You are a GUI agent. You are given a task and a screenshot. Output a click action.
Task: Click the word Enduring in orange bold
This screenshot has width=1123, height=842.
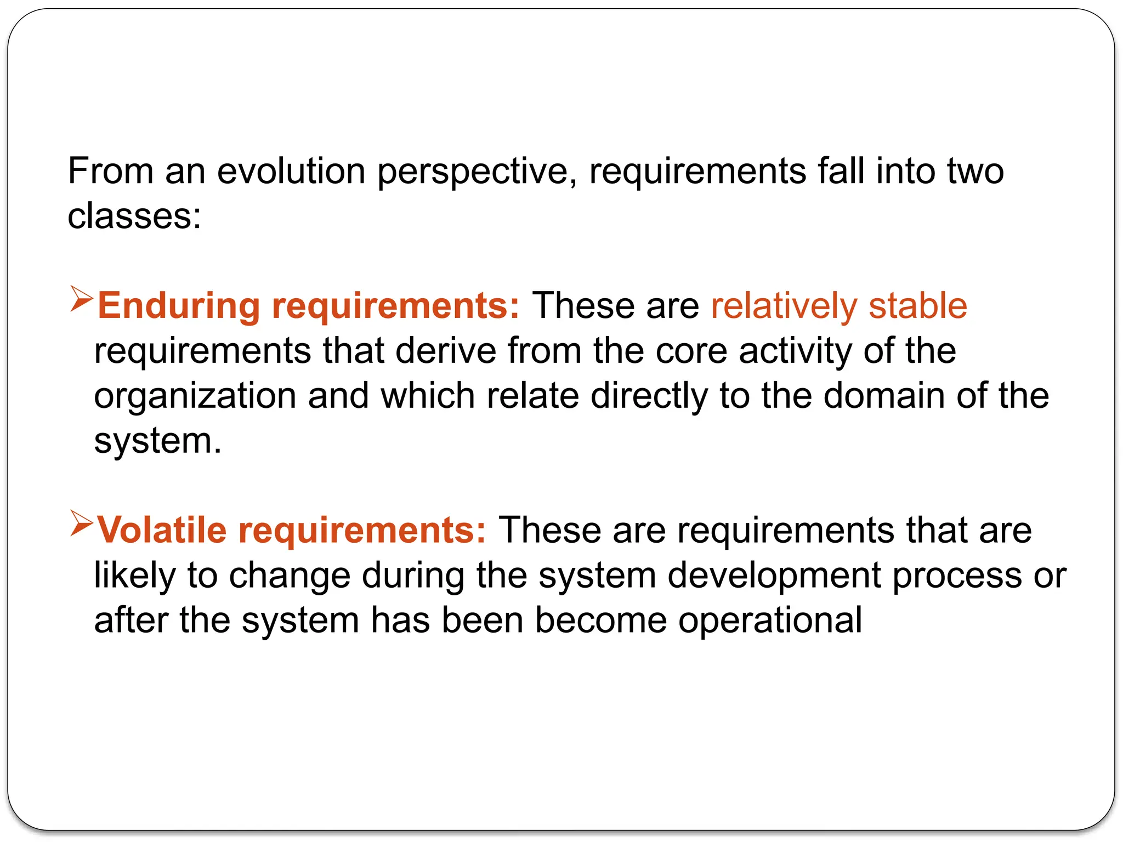pyautogui.click(x=178, y=306)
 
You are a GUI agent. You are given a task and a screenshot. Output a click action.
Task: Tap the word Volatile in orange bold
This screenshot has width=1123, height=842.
pyautogui.click(x=162, y=530)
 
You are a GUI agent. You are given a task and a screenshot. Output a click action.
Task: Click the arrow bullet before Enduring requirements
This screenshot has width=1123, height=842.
pyautogui.click(x=82, y=299)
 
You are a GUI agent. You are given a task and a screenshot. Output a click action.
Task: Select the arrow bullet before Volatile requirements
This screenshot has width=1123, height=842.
pyautogui.click(x=82, y=524)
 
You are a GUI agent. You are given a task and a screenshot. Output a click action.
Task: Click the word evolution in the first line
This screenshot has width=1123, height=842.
pyautogui.click(x=291, y=171)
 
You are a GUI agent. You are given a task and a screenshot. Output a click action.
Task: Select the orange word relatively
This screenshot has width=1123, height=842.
pyautogui.click(x=784, y=306)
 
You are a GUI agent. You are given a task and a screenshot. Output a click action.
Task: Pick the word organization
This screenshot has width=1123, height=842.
pyautogui.click(x=195, y=396)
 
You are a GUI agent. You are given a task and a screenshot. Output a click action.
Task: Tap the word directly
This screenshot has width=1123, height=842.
pyautogui.click(x=649, y=396)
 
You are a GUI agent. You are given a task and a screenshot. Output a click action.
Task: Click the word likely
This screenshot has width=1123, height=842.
pyautogui.click(x=135, y=576)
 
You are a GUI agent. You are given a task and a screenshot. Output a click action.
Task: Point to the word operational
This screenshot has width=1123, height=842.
pyautogui.click(x=770, y=621)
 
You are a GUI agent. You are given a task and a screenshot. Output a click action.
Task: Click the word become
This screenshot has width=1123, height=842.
pyautogui.click(x=600, y=620)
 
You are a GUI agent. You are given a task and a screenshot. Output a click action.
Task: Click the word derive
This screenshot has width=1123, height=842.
pyautogui.click(x=446, y=351)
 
